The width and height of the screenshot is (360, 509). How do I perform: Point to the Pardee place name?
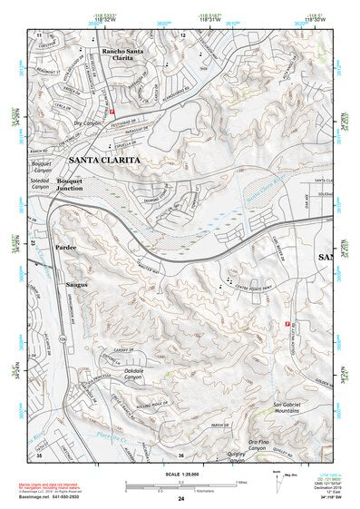point(64,247)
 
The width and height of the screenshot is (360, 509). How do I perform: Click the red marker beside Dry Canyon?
point(112,111)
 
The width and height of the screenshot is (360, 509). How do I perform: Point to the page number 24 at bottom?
point(180,499)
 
